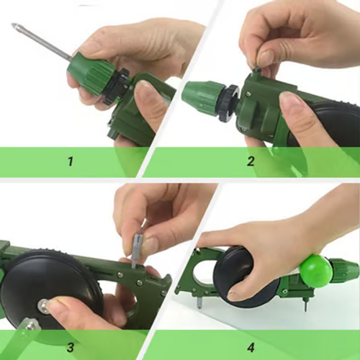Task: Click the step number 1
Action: pos(71,161)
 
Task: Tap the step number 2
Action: pos(251,161)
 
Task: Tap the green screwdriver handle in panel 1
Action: pos(90,71)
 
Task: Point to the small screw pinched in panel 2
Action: pos(256,69)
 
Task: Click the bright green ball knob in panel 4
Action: pos(315,270)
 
